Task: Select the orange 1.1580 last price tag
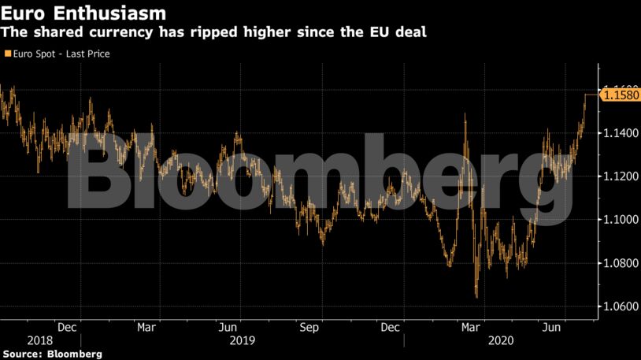pyautogui.click(x=620, y=95)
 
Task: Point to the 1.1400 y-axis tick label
pyautogui.click(x=617, y=134)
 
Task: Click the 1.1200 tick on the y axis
pyautogui.click(x=617, y=176)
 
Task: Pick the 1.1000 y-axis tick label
pyautogui.click(x=617, y=220)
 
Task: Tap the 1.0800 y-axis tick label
pyautogui.click(x=617, y=262)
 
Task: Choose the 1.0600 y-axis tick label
pyautogui.click(x=617, y=306)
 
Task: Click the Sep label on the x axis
pyautogui.click(x=309, y=328)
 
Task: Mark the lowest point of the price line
pyautogui.click(x=476, y=297)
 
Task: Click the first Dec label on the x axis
pyautogui.click(x=67, y=328)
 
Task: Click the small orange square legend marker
pyautogui.click(x=7, y=54)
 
